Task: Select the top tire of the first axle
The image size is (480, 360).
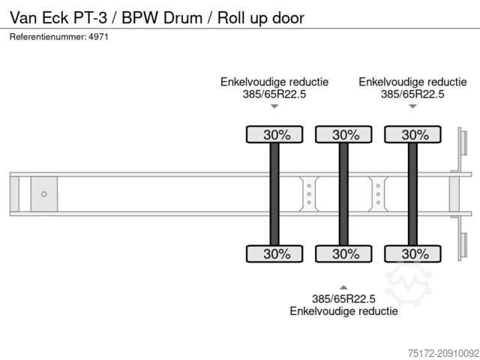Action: click(274, 135)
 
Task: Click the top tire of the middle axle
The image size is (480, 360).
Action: click(343, 135)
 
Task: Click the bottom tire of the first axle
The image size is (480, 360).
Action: click(274, 253)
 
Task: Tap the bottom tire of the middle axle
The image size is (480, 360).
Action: click(343, 253)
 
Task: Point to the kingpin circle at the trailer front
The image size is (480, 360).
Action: click(44, 194)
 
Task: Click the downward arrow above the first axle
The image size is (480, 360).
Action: click(274, 107)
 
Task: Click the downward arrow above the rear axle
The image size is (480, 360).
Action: click(412, 107)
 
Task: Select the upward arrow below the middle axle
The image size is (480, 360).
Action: click(343, 287)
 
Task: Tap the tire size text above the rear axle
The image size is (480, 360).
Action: click(412, 94)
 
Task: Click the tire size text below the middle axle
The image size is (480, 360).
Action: click(343, 298)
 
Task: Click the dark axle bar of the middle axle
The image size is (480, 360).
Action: click(343, 194)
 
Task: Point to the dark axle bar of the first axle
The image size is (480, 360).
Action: click(274, 194)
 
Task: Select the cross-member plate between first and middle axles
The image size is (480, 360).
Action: click(309, 194)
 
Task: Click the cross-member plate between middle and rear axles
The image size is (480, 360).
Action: click(378, 194)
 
